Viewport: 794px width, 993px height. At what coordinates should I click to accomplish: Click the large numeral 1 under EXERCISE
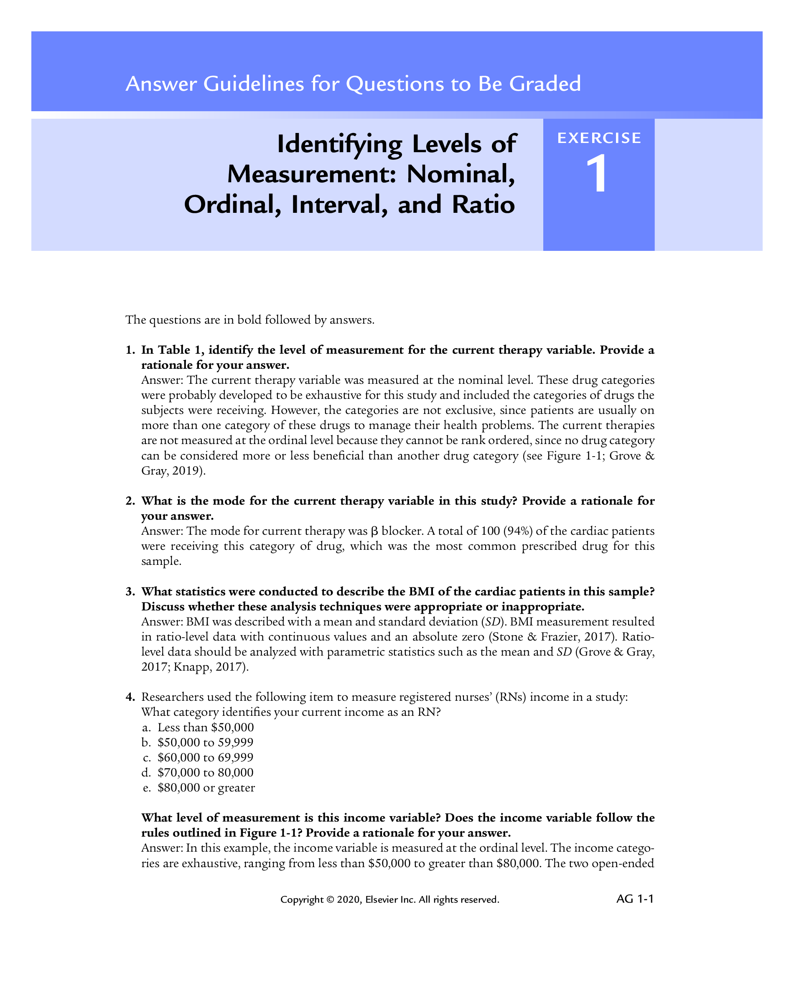[x=598, y=174]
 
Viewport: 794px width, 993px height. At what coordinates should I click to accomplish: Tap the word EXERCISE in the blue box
[x=599, y=138]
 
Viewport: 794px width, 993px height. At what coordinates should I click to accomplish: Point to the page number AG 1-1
[x=635, y=899]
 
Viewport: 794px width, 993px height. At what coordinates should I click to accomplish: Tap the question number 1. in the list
[x=130, y=350]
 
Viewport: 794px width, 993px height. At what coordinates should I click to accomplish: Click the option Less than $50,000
[x=205, y=727]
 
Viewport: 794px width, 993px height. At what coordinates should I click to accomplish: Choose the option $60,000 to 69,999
[x=205, y=758]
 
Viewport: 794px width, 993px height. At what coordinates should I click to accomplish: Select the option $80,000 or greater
[x=206, y=788]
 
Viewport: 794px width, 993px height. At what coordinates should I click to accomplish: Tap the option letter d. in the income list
[x=146, y=773]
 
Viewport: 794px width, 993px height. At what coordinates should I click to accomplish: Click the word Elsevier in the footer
[x=382, y=899]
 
